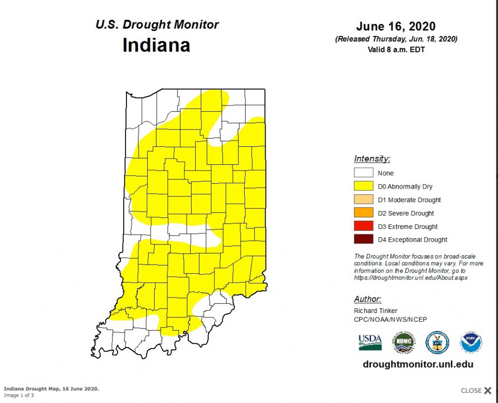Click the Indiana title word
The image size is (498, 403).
[x=156, y=45]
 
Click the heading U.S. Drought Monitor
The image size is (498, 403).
[x=157, y=24]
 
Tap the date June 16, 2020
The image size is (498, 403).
[x=395, y=26]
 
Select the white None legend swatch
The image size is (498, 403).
[x=364, y=173]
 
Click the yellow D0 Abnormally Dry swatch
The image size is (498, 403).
[x=364, y=186]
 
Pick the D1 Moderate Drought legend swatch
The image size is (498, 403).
[x=364, y=199]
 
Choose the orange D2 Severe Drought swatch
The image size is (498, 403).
[x=364, y=212]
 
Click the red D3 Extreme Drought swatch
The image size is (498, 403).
[x=364, y=226]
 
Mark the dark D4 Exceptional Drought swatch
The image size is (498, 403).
[x=364, y=239]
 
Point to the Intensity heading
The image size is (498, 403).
[x=372, y=158]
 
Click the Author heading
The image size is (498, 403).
[x=368, y=299]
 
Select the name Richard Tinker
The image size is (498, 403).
[x=376, y=311]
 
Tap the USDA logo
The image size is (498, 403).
[x=370, y=342]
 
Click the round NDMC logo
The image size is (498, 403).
[x=404, y=342]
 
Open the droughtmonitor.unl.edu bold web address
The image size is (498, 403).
[x=418, y=364]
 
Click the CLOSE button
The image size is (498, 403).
[x=476, y=390]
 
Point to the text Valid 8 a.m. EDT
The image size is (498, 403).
[x=395, y=49]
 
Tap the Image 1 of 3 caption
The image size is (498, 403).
[x=19, y=395]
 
